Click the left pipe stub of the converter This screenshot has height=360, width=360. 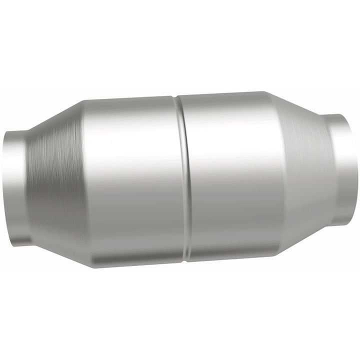(15, 187)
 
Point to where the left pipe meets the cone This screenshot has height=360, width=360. (27, 187)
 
